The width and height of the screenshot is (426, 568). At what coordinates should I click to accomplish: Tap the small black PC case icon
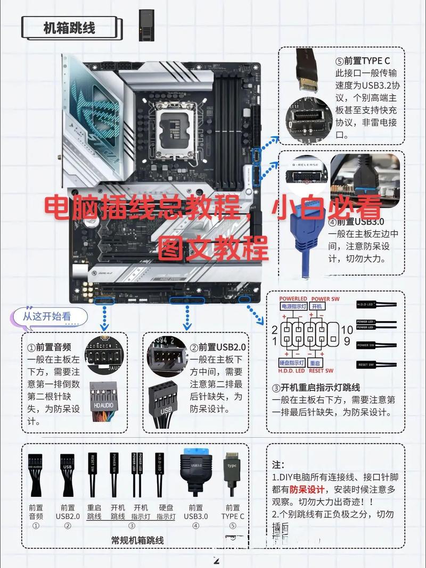click(x=145, y=25)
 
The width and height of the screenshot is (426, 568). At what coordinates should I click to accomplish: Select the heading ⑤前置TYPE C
click(x=366, y=61)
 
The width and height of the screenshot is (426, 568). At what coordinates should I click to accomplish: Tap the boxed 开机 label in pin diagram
click(x=318, y=307)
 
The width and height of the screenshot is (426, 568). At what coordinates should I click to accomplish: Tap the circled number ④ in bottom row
click(x=195, y=525)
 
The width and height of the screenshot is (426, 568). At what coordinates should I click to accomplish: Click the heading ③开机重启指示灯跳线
click(x=316, y=387)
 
